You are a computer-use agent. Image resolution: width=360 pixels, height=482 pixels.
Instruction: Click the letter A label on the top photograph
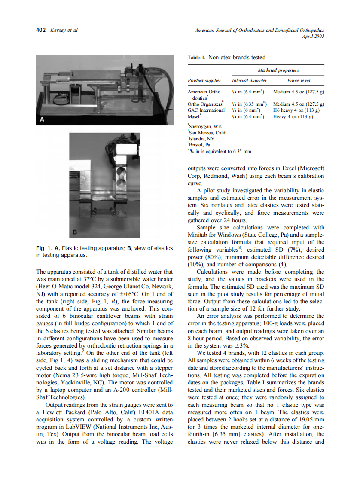[x=42, y=121]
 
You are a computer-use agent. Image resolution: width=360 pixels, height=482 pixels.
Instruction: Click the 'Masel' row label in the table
[x=193, y=116]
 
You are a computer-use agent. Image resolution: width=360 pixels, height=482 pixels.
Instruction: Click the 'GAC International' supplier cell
[x=206, y=110]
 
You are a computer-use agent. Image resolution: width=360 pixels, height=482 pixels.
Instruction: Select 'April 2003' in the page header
[x=313, y=36]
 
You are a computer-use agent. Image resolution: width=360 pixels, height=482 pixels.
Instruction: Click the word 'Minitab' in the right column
[x=198, y=235]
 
